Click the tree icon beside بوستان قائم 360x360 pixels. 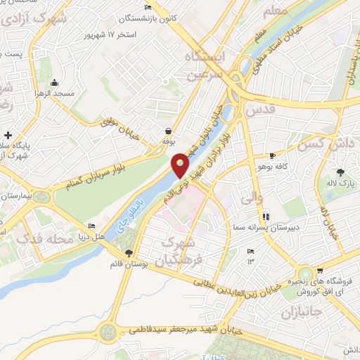click(128, 252)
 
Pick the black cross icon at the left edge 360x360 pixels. click(8, 134)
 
